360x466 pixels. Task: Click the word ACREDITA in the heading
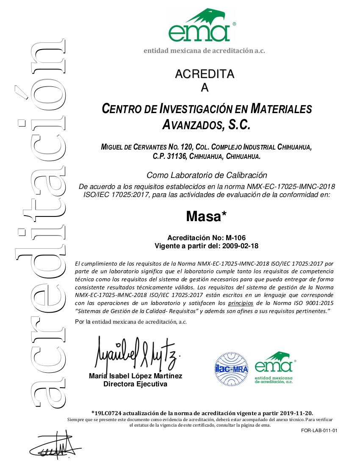pos(205,74)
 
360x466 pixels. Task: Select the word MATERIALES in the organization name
pos(281,109)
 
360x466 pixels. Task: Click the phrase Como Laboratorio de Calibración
pos(207,175)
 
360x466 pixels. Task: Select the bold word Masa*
pos(206,216)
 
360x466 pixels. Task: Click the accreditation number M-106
pos(235,238)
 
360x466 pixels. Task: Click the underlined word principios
pos(241,303)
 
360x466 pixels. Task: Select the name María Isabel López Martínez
pos(136,376)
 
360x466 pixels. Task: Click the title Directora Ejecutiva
pos(136,384)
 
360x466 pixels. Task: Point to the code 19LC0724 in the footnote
pos(109,413)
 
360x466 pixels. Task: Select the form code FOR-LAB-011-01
pos(319,431)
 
